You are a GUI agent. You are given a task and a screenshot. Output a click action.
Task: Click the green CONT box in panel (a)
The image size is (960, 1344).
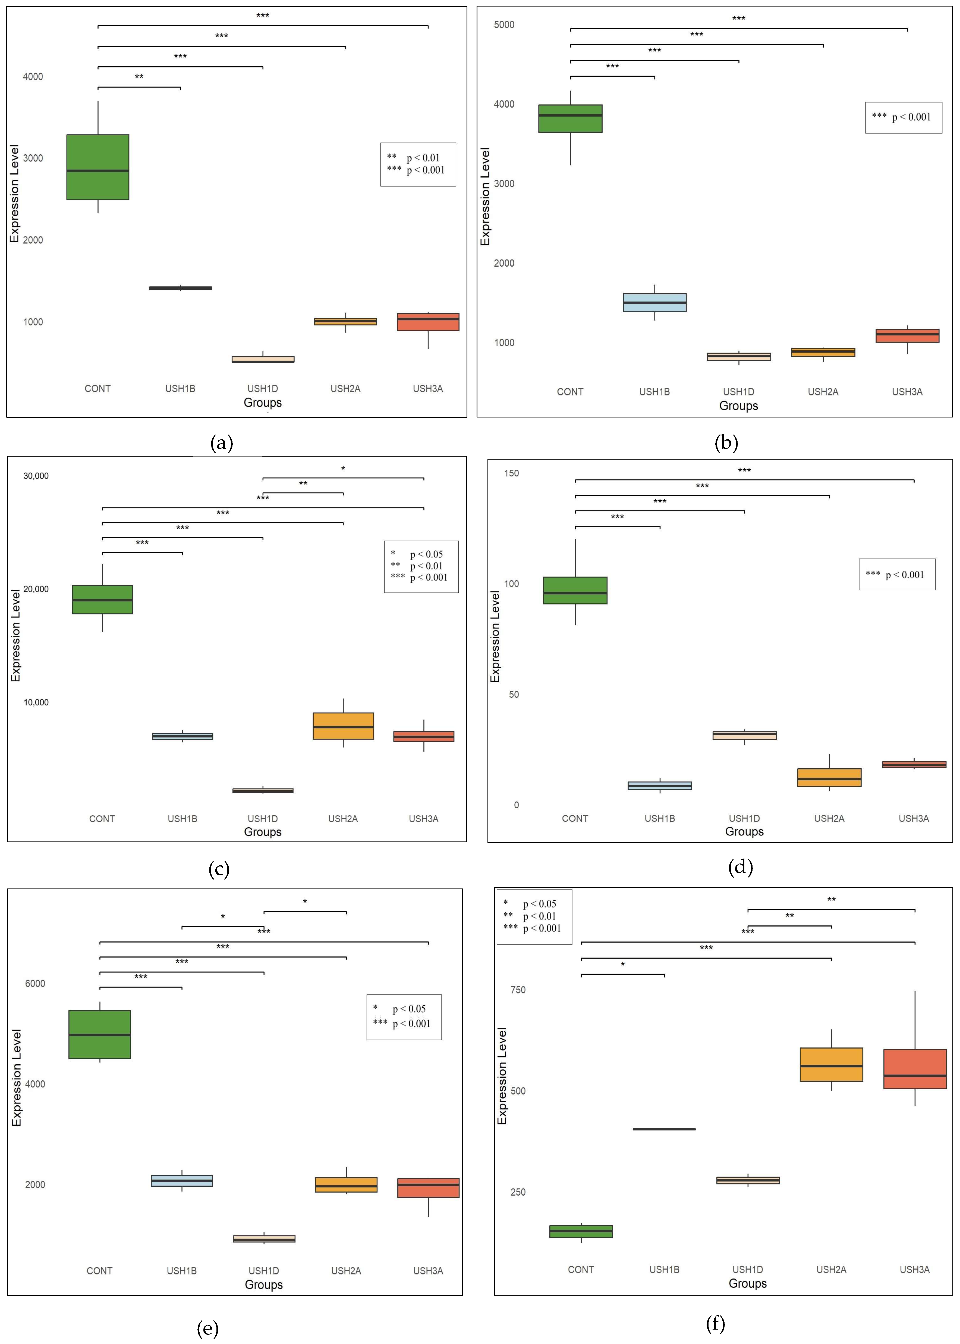tap(97, 167)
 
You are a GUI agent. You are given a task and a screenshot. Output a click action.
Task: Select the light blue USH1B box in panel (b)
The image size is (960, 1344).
tap(654, 302)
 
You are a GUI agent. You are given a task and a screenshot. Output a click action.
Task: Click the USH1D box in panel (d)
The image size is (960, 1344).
tap(744, 735)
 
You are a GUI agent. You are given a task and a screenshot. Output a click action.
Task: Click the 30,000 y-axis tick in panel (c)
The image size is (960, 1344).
tap(36, 476)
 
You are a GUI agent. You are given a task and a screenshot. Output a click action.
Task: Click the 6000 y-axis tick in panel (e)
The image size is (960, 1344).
tap(35, 983)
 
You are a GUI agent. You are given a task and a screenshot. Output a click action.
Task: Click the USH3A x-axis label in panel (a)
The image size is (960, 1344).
tap(427, 389)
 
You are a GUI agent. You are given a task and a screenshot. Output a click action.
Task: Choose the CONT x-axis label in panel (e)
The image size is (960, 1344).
tap(99, 1271)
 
